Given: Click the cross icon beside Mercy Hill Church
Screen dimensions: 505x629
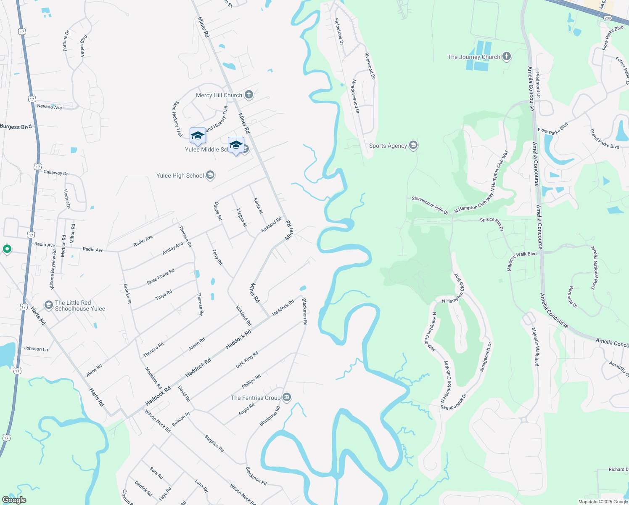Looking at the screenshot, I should click(x=249, y=95).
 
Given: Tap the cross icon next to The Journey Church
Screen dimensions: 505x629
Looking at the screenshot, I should click(x=507, y=56).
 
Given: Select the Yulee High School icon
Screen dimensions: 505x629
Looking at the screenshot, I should click(x=210, y=175).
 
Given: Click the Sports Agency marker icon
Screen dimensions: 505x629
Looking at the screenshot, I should click(x=413, y=146).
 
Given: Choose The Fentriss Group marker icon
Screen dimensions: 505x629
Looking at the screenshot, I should click(x=287, y=397).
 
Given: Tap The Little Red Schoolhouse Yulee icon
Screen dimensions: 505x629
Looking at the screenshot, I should click(x=49, y=305).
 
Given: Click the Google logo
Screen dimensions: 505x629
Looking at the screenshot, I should click(x=14, y=500).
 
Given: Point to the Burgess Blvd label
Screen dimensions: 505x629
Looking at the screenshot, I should click(x=16, y=127).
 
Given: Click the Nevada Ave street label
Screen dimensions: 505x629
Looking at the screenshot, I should click(x=49, y=107).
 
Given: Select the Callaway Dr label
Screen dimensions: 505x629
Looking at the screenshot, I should click(x=55, y=173).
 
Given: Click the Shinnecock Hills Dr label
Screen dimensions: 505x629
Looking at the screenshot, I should click(x=430, y=205).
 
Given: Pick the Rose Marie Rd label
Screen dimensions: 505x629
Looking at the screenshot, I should click(x=161, y=276).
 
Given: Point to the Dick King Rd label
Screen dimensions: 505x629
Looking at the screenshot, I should click(x=247, y=360).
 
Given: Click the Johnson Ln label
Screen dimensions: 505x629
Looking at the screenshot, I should click(x=36, y=348).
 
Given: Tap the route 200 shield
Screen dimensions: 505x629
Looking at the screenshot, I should click(x=608, y=18).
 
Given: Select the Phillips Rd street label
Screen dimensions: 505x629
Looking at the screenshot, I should click(x=251, y=381).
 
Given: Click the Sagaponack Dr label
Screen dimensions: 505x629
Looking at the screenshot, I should click(x=453, y=401).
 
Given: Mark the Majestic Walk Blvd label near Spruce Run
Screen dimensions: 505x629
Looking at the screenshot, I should click(x=522, y=261).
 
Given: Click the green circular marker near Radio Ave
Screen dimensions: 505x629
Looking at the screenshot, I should click(x=7, y=250).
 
